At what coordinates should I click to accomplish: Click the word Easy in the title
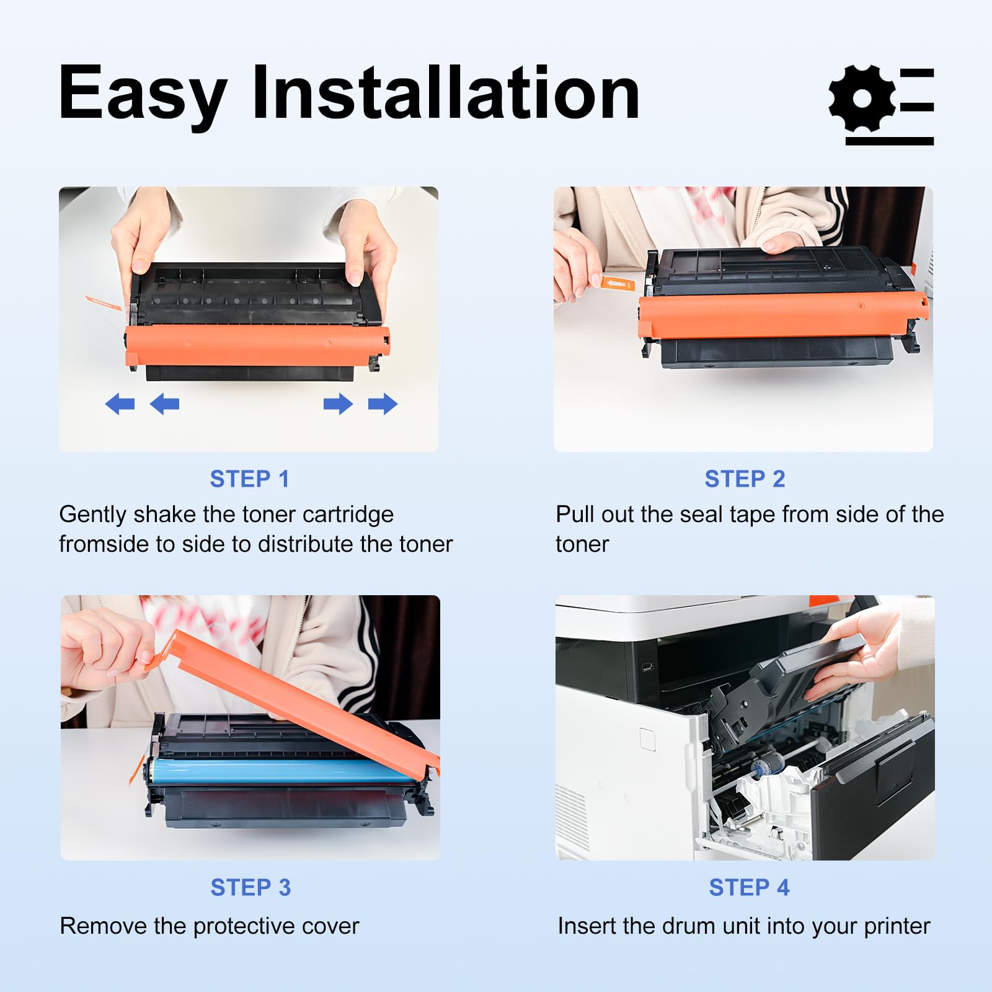143,93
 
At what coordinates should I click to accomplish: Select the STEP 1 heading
249,479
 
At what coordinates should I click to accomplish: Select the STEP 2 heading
745,479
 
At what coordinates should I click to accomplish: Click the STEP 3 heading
250,887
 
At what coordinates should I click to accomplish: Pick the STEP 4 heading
749,887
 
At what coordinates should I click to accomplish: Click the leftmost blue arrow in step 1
120,404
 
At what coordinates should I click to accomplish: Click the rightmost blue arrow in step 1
383,404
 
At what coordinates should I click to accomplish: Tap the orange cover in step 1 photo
257,346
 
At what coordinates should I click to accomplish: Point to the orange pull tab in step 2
618,284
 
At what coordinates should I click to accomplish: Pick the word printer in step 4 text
897,926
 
